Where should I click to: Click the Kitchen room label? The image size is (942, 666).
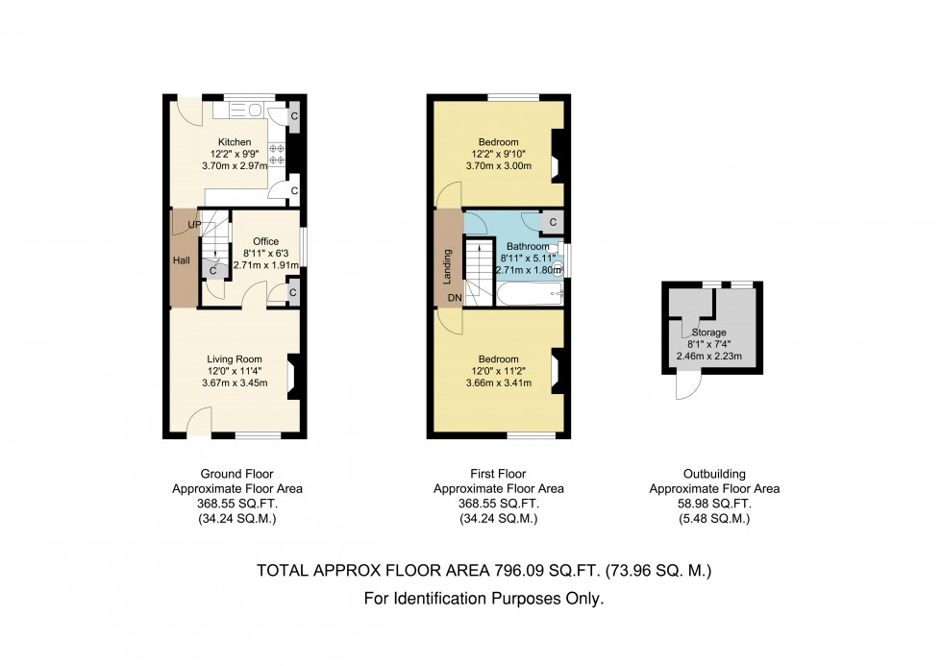[235, 142]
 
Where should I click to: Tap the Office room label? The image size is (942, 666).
[265, 241]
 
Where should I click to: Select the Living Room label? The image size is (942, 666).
[235, 359]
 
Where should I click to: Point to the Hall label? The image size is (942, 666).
[182, 260]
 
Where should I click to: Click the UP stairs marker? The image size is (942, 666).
[194, 225]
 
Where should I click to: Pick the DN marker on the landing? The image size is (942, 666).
[456, 298]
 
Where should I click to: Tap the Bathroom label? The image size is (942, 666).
[528, 246]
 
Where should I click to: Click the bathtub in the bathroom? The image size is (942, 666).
[530, 294]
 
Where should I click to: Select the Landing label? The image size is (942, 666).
[448, 266]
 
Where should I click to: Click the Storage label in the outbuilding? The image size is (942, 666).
[709, 333]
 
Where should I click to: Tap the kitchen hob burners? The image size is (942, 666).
[277, 155]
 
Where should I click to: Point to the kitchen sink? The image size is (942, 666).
[244, 110]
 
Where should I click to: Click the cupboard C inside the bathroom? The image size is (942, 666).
[552, 222]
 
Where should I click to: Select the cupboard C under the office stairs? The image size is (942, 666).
[212, 271]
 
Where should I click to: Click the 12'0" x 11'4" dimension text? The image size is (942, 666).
[235, 371]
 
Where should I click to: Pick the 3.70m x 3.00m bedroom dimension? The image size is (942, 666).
[499, 165]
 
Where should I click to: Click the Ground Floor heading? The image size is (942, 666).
[236, 474]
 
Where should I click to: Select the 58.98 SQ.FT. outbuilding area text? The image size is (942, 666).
[714, 504]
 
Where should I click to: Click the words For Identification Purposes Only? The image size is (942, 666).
[483, 599]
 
